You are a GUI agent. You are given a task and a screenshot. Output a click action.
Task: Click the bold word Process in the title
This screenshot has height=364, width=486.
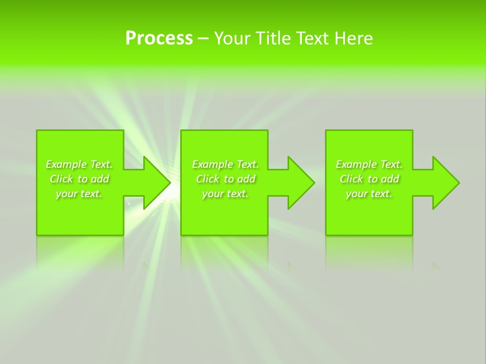tap(159, 38)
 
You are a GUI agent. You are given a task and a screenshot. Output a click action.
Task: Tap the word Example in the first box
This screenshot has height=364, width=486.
tap(66, 164)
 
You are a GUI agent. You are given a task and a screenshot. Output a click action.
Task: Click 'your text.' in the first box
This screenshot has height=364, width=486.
tap(79, 194)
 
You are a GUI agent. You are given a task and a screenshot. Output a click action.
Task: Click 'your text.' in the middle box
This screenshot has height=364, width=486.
tap(225, 194)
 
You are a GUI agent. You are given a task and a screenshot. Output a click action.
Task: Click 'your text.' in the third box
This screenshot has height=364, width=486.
tap(369, 194)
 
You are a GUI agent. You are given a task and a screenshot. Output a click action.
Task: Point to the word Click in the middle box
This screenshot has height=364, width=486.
tap(208, 179)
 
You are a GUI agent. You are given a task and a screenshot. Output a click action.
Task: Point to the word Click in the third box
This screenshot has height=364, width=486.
tap(351, 179)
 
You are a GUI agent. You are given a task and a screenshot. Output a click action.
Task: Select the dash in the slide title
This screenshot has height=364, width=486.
tap(204, 39)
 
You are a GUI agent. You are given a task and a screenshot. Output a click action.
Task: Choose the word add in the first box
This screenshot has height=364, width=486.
tap(100, 179)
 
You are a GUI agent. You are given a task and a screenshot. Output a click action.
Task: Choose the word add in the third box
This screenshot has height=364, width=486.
tap(390, 179)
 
